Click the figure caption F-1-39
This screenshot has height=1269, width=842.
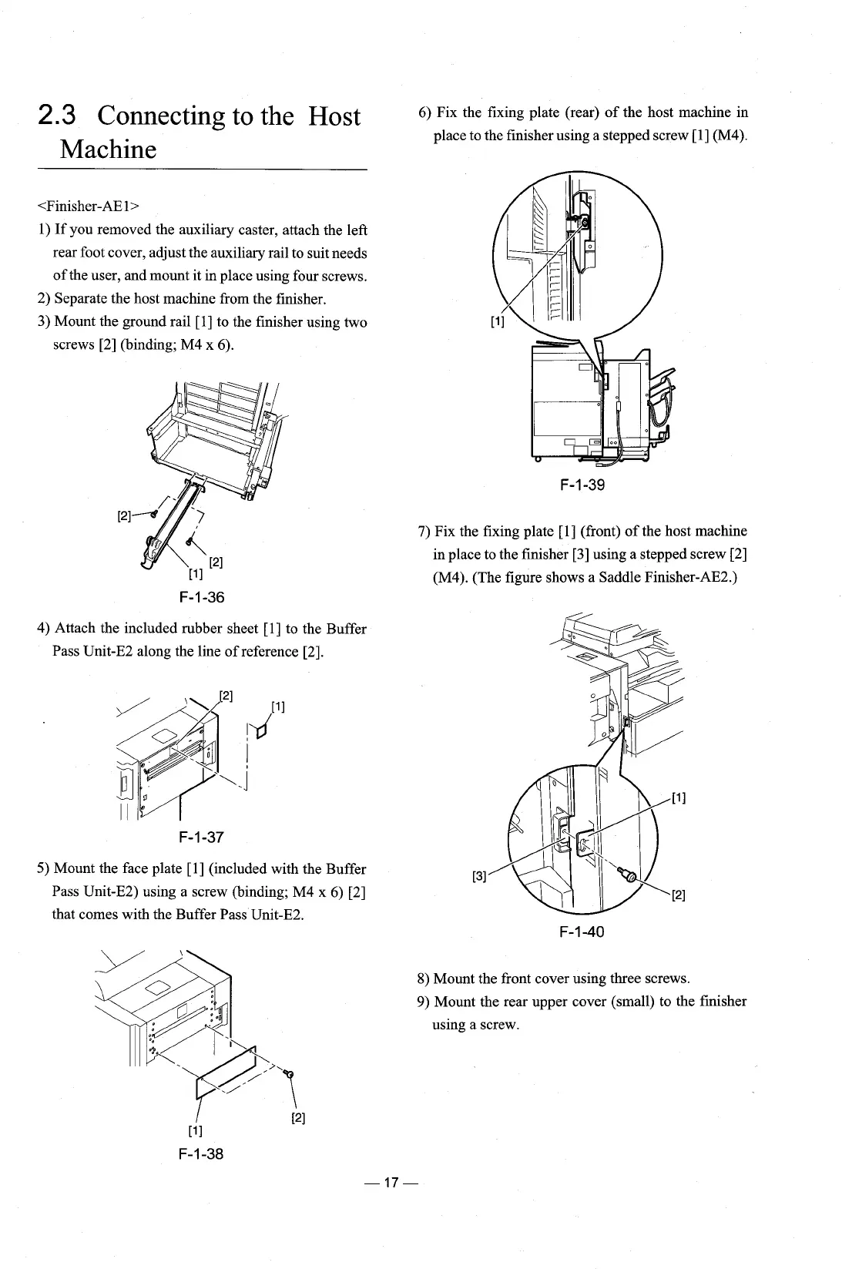(582, 485)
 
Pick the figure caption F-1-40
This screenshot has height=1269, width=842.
(582, 932)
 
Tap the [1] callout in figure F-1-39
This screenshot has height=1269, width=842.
(497, 322)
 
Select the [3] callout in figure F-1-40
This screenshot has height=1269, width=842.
(478, 875)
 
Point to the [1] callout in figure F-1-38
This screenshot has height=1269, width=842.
(195, 1131)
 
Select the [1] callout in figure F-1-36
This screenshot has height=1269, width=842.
(195, 573)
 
